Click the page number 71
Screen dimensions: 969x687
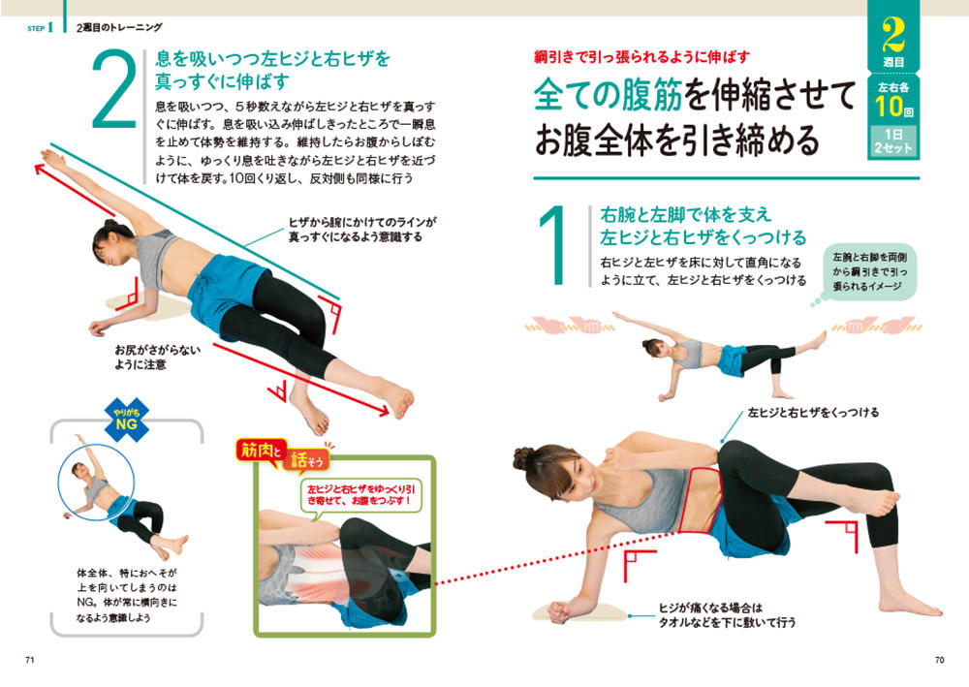click(29, 660)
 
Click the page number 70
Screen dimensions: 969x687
click(939, 660)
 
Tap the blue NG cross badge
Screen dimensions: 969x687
click(127, 421)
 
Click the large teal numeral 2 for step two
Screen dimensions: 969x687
click(114, 90)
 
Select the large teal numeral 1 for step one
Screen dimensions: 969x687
click(553, 246)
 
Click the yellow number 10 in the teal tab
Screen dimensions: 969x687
click(888, 107)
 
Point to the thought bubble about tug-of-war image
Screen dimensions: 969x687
click(867, 273)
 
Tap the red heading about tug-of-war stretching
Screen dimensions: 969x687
click(641, 57)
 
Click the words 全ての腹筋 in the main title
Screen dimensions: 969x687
click(609, 96)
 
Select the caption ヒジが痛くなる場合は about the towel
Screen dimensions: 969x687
click(710, 608)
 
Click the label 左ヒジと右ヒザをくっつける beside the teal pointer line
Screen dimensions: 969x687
click(813, 412)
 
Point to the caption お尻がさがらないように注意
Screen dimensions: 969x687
click(158, 358)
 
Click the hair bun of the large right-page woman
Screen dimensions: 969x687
click(523, 457)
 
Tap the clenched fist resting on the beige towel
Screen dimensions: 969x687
click(560, 611)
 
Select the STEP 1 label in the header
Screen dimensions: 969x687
click(40, 28)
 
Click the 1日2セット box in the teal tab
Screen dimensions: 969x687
click(893, 141)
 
